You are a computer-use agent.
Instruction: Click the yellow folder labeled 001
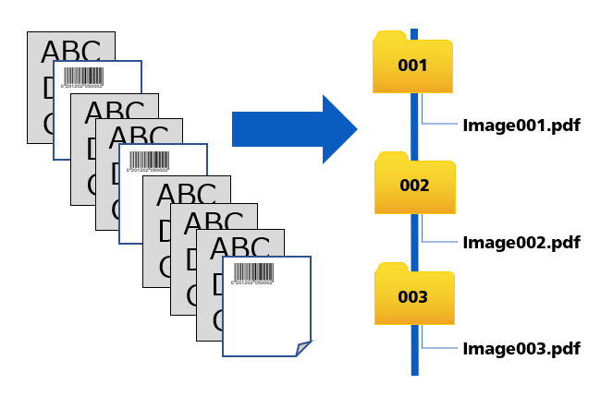tap(412, 66)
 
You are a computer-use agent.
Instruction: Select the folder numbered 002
tap(414, 186)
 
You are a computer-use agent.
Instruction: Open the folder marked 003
tap(413, 297)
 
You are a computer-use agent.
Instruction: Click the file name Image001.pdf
tap(521, 126)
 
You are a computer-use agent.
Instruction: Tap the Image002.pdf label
tap(521, 243)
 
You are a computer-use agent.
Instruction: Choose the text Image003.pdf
tap(521, 349)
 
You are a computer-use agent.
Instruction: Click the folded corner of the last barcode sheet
tap(302, 348)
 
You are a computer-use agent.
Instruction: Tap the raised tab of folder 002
tap(393, 157)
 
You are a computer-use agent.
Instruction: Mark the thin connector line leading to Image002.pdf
tap(440, 241)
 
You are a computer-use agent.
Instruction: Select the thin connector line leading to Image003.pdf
tap(440, 348)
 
